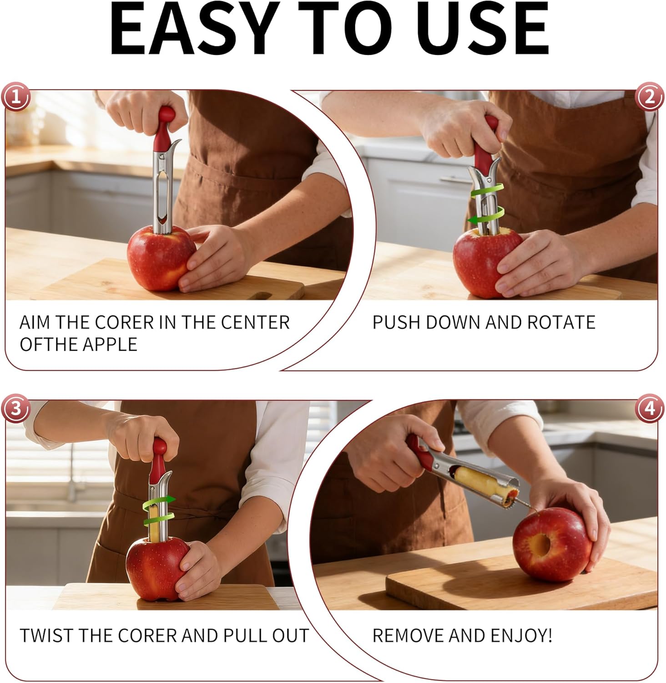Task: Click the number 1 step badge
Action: tap(16, 97)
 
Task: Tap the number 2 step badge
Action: tap(649, 97)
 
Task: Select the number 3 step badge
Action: tap(16, 408)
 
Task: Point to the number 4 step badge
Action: tap(649, 408)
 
